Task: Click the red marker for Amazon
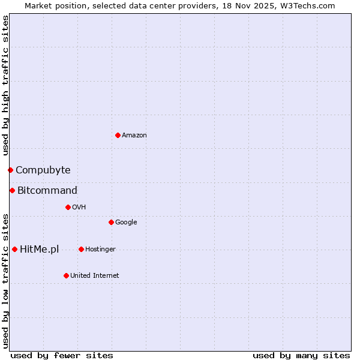point(118,135)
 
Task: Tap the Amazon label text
point(134,136)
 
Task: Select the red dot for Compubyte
point(10,170)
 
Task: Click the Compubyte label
point(43,170)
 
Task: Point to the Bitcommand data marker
point(12,190)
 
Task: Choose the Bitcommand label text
point(47,191)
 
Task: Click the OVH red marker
point(68,207)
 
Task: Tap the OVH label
point(79,208)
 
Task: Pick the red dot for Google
point(111,222)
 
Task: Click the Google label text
point(126,223)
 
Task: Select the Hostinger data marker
point(81,249)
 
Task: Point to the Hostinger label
point(100,250)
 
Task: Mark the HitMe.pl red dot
point(14,249)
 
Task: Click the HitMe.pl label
point(40,250)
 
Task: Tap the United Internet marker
point(66,275)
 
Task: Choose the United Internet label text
point(95,276)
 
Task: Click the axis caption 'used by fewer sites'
point(62,356)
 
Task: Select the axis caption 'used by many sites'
point(301,356)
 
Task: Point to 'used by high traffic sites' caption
point(5,86)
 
